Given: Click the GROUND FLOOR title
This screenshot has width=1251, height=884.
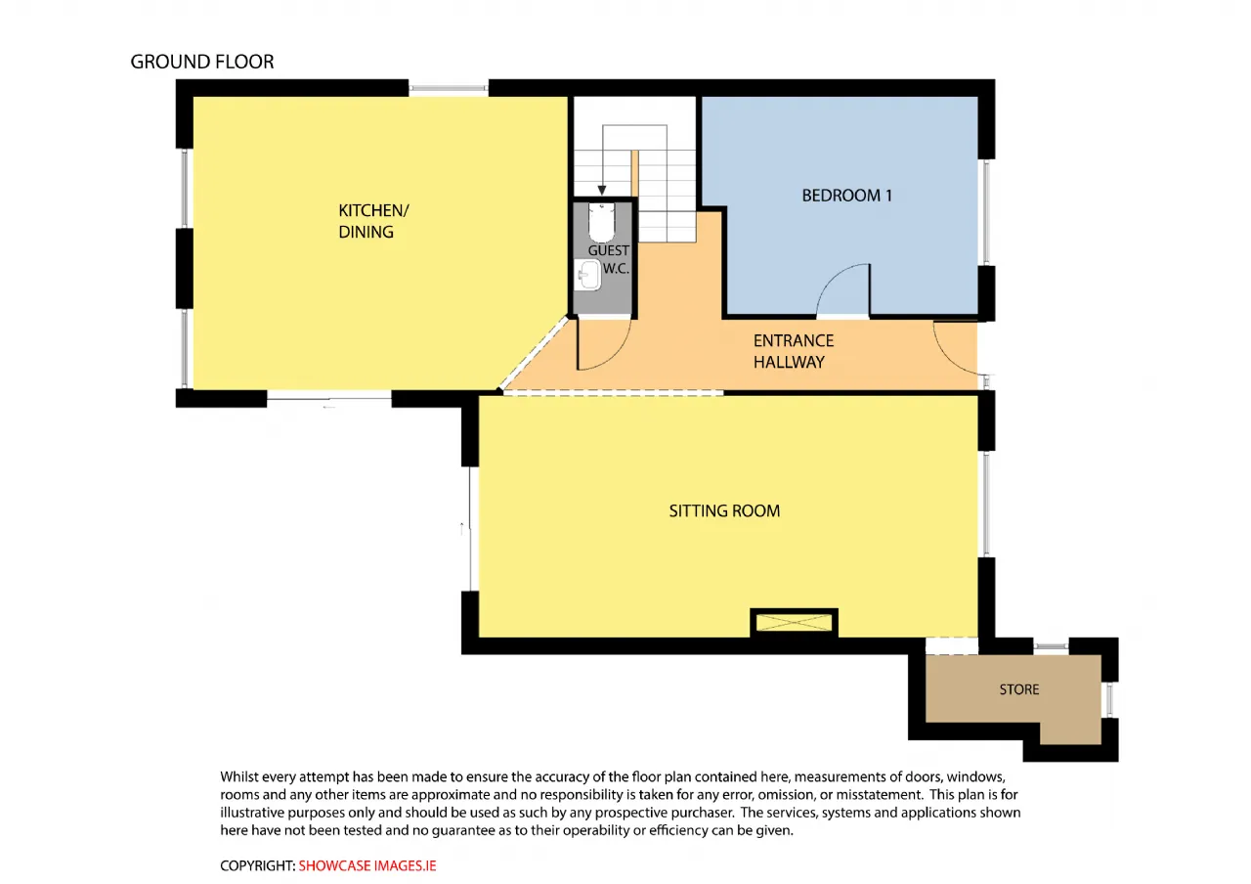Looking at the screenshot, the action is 202,62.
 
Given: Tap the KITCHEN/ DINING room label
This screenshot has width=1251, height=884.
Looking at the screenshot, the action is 373,221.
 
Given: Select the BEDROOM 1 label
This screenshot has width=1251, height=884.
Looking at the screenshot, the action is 846,196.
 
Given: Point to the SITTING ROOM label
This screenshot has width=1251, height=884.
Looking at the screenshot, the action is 724,510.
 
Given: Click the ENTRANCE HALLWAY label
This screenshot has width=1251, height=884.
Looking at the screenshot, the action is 793,351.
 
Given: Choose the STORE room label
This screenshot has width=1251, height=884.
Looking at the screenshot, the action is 1019,689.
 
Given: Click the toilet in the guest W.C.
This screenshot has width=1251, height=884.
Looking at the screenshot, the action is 601,222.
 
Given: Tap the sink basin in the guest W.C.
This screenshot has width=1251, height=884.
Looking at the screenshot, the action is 587,275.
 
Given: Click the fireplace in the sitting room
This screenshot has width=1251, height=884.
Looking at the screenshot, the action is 794,623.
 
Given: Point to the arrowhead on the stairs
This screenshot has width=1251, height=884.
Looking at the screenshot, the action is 601,191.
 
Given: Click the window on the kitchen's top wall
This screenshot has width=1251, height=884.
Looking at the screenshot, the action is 449,88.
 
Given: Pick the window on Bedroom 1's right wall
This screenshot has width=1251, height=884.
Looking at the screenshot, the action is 987,212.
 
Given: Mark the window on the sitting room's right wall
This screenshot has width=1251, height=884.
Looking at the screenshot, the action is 987,504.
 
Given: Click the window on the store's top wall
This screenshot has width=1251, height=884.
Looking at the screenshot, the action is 1051,646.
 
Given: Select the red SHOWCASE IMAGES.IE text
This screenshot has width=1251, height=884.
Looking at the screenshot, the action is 367,865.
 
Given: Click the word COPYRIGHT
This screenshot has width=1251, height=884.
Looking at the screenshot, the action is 257,865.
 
